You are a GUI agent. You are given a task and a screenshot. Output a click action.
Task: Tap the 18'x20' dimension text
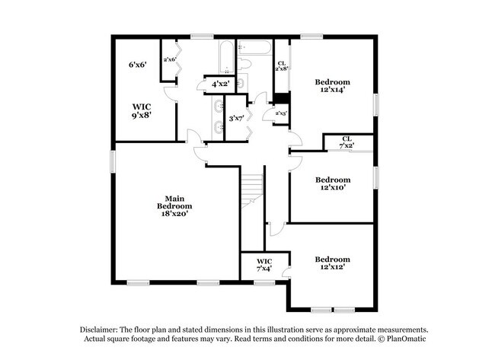pos(174,215)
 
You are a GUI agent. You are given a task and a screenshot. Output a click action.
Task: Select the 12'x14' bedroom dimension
pos(332,91)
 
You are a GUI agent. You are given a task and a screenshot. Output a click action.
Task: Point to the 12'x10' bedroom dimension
pos(332,186)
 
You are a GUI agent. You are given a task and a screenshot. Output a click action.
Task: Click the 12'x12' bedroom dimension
pos(332,268)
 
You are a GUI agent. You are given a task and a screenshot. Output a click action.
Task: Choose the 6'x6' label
pos(137,65)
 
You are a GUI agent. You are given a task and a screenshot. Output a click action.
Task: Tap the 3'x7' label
pos(236,118)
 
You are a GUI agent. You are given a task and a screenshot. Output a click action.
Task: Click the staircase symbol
pos(251,190)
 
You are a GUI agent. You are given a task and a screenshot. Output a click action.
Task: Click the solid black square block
pos(282,97)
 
